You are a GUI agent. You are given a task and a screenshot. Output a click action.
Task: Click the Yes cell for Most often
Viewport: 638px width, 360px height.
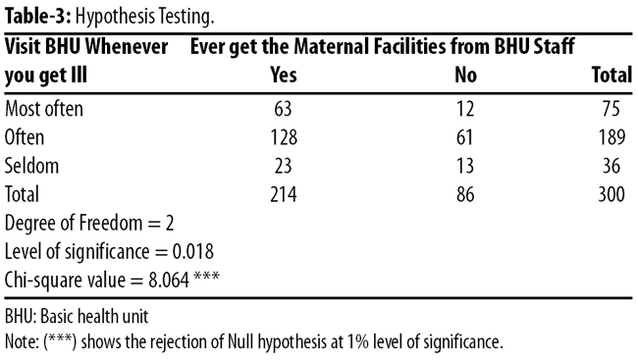coord(284,109)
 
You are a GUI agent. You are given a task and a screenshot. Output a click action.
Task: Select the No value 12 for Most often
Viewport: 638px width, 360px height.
coord(465,109)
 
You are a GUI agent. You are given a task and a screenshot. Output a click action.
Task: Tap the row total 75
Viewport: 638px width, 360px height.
coord(611,109)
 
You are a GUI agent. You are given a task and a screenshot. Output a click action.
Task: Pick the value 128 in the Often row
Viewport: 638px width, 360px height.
coord(284,137)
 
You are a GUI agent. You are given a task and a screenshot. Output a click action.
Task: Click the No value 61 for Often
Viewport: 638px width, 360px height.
coord(464,137)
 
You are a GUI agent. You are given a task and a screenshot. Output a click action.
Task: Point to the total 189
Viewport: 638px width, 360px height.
coord(611,137)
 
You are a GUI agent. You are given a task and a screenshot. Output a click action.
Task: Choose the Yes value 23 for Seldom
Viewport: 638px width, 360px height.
coord(284,166)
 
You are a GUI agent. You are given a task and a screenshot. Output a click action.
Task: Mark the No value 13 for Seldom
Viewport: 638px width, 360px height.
coord(465,166)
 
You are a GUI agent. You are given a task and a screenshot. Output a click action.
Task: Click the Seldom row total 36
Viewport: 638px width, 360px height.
coord(611,166)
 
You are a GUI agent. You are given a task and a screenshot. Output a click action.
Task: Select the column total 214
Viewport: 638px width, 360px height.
coord(284,194)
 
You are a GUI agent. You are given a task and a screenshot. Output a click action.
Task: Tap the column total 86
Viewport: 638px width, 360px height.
coord(465,194)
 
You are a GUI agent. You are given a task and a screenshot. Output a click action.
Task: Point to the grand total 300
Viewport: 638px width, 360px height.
coord(611,194)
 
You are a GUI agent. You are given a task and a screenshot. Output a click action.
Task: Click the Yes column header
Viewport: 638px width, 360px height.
coord(284,76)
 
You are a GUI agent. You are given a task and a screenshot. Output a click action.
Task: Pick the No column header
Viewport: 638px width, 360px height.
coord(466,76)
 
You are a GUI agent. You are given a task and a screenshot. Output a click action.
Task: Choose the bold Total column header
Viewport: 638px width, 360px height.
coord(611,76)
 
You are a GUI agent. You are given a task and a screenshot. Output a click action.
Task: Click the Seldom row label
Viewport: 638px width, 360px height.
coord(31,166)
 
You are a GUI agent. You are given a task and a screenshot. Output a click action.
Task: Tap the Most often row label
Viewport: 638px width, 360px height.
coord(44,109)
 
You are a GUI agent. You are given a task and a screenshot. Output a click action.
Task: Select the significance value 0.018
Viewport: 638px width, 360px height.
coord(192,252)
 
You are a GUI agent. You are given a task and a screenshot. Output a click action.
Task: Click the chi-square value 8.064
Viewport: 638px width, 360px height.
coord(169,281)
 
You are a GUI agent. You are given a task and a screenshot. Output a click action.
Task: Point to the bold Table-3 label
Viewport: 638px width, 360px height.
coord(38,17)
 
